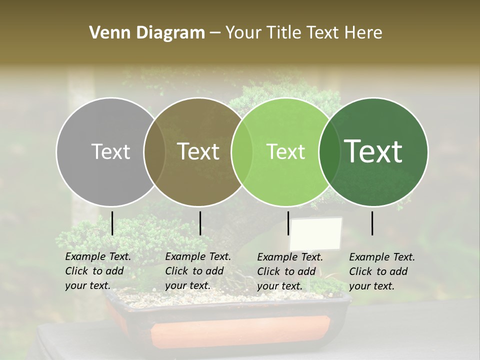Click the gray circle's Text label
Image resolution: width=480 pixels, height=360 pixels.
[110, 151]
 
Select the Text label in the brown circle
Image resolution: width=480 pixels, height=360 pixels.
[198, 151]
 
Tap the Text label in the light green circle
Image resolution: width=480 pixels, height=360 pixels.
[285, 151]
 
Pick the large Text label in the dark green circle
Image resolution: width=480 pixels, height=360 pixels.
[373, 151]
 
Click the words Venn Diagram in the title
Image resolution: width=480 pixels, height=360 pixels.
[147, 33]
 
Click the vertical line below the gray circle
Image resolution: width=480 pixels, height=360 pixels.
[112, 223]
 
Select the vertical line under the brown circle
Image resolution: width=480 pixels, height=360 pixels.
[200, 223]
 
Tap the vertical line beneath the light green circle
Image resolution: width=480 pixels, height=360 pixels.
[288, 223]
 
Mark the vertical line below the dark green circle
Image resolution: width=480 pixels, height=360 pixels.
[372, 223]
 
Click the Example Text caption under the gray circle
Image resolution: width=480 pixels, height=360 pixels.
[98, 271]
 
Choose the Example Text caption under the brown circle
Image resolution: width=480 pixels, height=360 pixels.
[198, 271]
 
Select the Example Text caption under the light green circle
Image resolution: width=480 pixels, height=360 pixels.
[290, 271]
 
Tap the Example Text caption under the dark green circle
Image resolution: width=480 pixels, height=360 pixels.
[382, 271]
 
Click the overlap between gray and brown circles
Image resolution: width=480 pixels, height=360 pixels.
[154, 151]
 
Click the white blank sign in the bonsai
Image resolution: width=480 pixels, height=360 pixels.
[315, 233]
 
